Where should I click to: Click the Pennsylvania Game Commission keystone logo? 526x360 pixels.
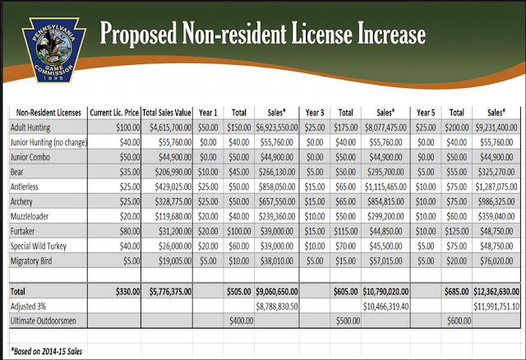click(53, 49)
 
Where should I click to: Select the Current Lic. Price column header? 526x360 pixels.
click(114, 113)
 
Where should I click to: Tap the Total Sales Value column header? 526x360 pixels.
click(167, 113)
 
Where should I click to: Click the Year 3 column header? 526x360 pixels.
click(315, 113)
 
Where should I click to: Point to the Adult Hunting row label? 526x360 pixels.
click(30, 128)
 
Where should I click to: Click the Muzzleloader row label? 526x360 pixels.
click(30, 216)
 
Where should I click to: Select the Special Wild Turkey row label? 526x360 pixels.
click(39, 247)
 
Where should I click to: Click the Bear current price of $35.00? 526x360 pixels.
click(130, 172)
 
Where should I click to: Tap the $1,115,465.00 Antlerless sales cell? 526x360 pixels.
click(385, 187)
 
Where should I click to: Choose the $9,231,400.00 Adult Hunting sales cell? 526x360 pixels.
click(496, 128)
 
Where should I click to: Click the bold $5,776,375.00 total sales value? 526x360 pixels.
click(170, 292)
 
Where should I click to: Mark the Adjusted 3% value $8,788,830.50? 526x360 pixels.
click(277, 307)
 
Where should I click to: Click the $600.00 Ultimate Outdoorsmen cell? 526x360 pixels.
click(459, 321)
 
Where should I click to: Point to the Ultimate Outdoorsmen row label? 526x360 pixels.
click(44, 321)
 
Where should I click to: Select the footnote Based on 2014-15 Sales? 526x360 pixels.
click(47, 351)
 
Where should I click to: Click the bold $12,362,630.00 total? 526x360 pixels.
click(496, 292)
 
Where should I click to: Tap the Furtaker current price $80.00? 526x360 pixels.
click(130, 231)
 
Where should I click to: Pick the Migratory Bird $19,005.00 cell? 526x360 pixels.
click(175, 261)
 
